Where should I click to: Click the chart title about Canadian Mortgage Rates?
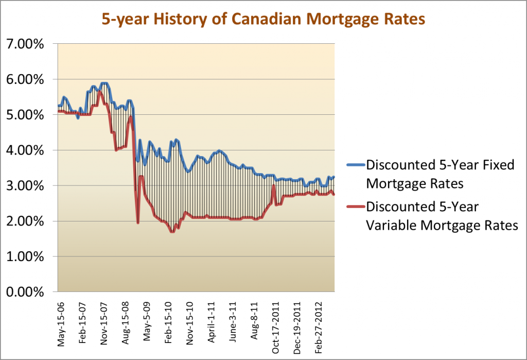[x=263, y=20]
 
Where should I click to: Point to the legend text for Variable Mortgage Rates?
[x=441, y=216]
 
